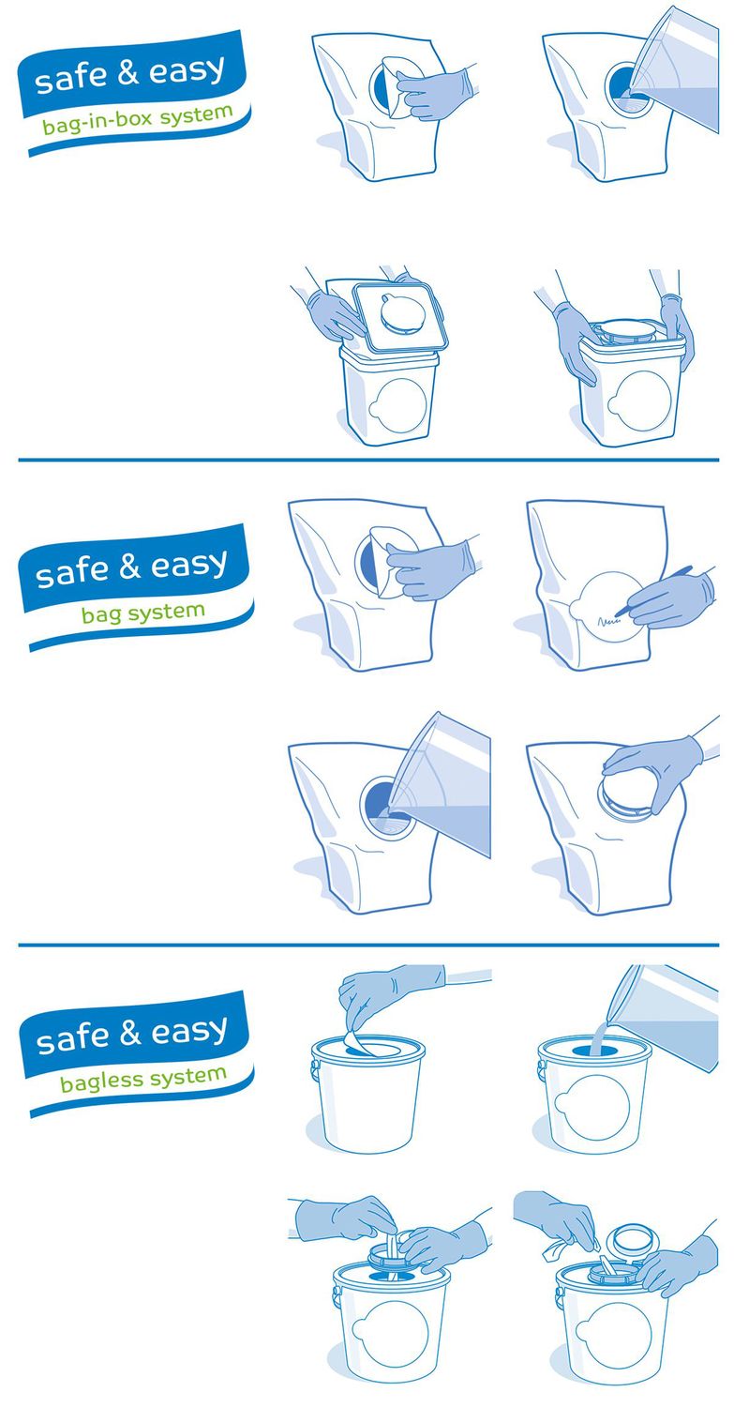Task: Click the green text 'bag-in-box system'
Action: (x=138, y=119)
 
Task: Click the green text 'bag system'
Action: (x=143, y=613)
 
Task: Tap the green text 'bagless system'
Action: (x=143, y=1080)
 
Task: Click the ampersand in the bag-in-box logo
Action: (x=127, y=72)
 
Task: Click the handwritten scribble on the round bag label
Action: (x=609, y=621)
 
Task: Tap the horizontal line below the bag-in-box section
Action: (x=368, y=460)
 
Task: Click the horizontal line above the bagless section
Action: (x=368, y=945)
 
